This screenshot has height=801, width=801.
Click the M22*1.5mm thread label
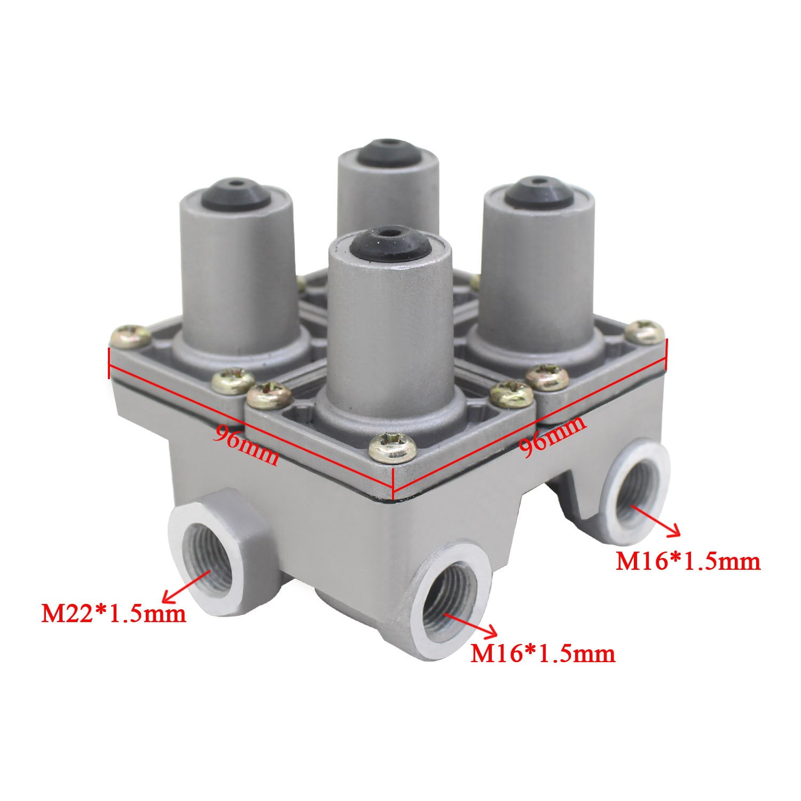click(114, 614)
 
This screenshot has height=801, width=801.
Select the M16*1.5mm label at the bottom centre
click(542, 654)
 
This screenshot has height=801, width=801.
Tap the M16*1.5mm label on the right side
click(688, 561)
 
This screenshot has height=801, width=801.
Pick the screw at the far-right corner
click(645, 332)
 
